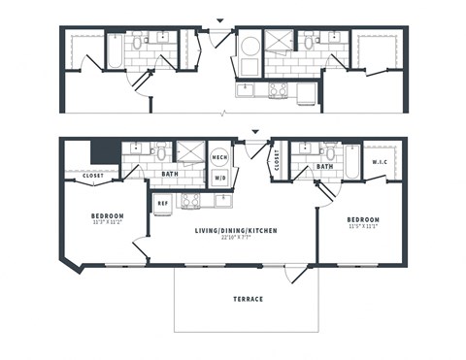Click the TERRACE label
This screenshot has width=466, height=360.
pyautogui.click(x=247, y=300)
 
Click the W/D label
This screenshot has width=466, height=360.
pyautogui.click(x=219, y=178)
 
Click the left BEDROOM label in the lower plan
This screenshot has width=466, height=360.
pyautogui.click(x=107, y=215)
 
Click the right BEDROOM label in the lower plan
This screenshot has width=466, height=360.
pyautogui.click(x=363, y=220)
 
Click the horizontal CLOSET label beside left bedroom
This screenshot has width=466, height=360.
pyautogui.click(x=92, y=176)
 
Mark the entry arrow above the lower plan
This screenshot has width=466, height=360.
pyautogui.click(x=255, y=132)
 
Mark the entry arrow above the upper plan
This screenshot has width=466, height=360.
pyautogui.click(x=219, y=20)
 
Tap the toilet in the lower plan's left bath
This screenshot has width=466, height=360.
pyautogui.click(x=162, y=152)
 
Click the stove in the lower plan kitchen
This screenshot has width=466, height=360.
pyautogui.click(x=191, y=201)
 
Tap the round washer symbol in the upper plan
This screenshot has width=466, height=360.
pyautogui.click(x=250, y=46)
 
